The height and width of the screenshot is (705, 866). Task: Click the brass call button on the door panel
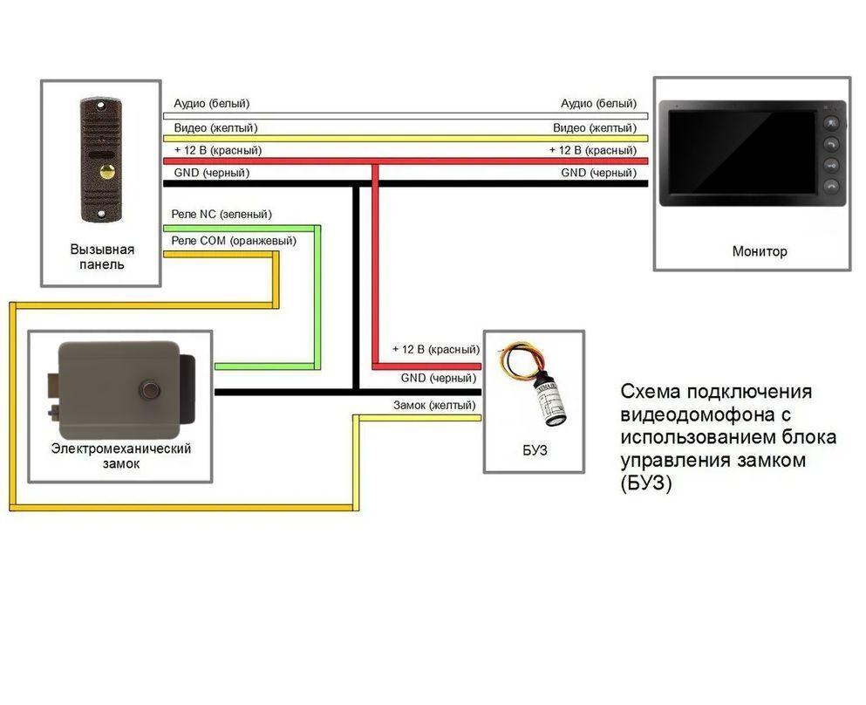pyautogui.click(x=107, y=171)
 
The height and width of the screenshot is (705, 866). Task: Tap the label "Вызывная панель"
pyautogui.click(x=102, y=257)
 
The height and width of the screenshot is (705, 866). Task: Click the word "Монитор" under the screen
pyautogui.click(x=760, y=251)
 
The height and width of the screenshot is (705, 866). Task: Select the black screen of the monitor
pyautogui.click(x=742, y=152)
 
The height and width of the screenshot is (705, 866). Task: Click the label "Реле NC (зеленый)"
pyautogui.click(x=222, y=215)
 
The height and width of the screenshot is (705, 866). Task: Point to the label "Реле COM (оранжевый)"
pyautogui.click(x=234, y=241)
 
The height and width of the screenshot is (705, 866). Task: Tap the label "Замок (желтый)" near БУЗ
pyautogui.click(x=434, y=405)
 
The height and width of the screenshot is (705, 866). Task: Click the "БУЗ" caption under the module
pyautogui.click(x=535, y=451)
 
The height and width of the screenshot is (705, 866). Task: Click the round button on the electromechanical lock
pyautogui.click(x=150, y=389)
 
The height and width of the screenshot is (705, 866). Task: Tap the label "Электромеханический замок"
pyautogui.click(x=121, y=455)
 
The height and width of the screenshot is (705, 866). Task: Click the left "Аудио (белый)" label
pyautogui.click(x=212, y=103)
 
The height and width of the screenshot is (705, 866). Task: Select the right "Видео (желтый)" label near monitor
pyautogui.click(x=595, y=127)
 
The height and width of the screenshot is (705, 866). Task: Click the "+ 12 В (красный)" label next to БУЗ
pyautogui.click(x=436, y=349)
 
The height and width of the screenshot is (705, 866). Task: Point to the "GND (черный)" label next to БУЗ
pyautogui.click(x=439, y=378)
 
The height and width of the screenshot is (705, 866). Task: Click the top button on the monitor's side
pyautogui.click(x=831, y=123)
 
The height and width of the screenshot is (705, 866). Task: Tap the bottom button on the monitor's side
pyautogui.click(x=831, y=186)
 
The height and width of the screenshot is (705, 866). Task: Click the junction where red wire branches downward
pyautogui.click(x=375, y=162)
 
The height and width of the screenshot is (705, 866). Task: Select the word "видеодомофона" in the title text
pyautogui.click(x=706, y=414)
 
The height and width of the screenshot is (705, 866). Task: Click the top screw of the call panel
pyautogui.click(x=101, y=105)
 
